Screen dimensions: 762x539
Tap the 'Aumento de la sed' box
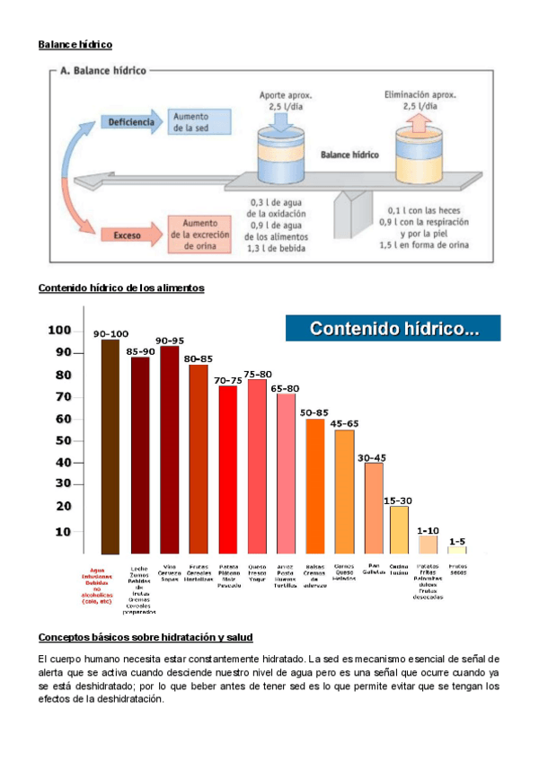(x=192, y=122)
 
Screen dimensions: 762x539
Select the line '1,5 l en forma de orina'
(x=421, y=244)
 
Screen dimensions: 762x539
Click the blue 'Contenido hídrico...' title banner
(x=393, y=329)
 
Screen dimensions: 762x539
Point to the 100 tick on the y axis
(x=59, y=330)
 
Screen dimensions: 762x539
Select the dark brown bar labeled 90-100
(x=110, y=446)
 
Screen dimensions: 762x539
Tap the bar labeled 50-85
(x=315, y=485)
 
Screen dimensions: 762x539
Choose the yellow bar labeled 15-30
(x=399, y=529)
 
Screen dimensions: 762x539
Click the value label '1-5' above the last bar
(x=457, y=541)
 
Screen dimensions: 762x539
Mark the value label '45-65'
(x=344, y=423)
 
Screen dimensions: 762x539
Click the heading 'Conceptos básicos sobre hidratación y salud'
(x=146, y=637)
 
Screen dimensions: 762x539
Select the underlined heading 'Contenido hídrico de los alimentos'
(x=121, y=288)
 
